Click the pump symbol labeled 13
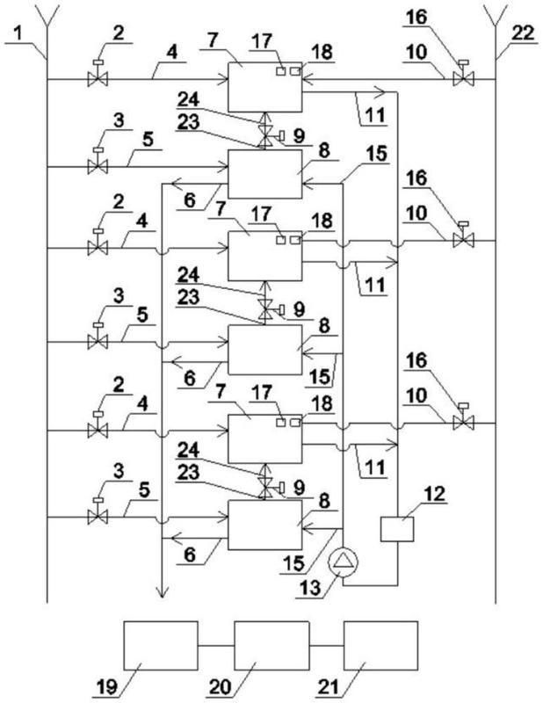click(344, 562)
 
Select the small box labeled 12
click(397, 529)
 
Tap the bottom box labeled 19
click(161, 646)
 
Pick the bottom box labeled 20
click(271, 646)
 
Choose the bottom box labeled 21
click(380, 646)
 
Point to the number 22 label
click(523, 33)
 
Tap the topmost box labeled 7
click(265, 87)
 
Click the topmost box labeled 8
click(265, 174)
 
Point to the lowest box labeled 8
click(265, 525)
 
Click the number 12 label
click(435, 494)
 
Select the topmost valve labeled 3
click(98, 162)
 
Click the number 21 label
click(329, 687)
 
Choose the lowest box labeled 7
click(265, 438)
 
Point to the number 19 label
click(107, 687)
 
